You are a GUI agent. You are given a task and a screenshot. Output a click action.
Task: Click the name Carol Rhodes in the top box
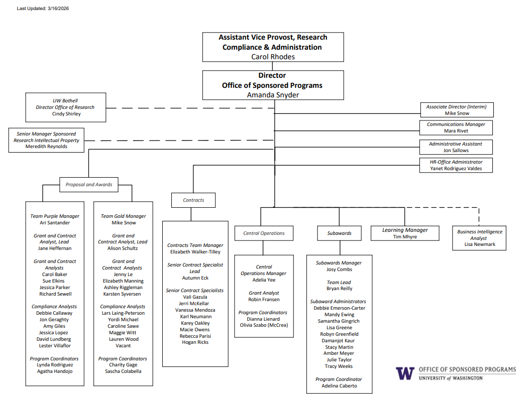(x=273, y=57)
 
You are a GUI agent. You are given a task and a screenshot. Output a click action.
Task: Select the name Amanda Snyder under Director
(x=273, y=94)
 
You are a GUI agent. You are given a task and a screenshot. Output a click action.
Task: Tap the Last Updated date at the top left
(x=43, y=9)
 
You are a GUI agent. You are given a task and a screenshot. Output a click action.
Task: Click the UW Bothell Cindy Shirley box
(x=66, y=107)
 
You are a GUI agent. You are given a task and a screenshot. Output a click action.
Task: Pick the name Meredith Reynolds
(x=46, y=147)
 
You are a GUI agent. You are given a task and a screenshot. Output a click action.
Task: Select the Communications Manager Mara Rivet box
(x=456, y=127)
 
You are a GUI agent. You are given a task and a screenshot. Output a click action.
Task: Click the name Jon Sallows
(x=456, y=150)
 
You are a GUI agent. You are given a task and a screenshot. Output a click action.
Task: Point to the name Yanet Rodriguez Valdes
(x=456, y=169)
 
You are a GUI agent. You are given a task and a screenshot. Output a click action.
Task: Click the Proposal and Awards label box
(x=89, y=184)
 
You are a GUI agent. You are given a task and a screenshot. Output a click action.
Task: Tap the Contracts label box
(x=193, y=200)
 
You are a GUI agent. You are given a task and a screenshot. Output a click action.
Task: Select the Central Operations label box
(x=264, y=233)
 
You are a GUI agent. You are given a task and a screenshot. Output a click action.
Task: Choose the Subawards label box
(x=339, y=233)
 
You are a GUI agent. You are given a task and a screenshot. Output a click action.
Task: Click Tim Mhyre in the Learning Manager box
(x=405, y=236)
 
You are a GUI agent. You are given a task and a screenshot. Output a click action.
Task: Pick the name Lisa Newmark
(x=479, y=244)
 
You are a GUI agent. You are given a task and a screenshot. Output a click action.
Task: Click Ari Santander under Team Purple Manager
(x=55, y=222)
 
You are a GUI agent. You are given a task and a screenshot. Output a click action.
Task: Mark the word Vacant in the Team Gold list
(x=123, y=346)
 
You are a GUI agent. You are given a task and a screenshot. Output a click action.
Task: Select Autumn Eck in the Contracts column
(x=195, y=278)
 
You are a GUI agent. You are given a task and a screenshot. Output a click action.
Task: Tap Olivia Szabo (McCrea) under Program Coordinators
(x=264, y=325)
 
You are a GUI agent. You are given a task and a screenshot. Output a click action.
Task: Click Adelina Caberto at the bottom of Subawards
(x=339, y=385)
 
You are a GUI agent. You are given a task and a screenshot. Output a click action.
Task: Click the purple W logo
(x=405, y=373)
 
